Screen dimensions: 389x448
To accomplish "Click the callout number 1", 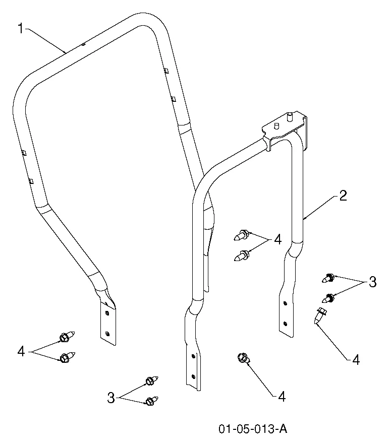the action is (20, 29).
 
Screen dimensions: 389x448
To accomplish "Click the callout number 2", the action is (343, 196).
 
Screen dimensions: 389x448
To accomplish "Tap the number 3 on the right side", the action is (372, 282).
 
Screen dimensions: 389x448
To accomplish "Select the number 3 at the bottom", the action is (111, 398).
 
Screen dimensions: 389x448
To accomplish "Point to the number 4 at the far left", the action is (21, 351).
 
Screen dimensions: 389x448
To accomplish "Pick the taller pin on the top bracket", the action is (290, 116).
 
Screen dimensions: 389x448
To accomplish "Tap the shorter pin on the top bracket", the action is (276, 125).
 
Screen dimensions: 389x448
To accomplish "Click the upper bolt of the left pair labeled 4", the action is (67, 337).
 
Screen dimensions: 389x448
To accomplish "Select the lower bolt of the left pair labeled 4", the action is (67, 357).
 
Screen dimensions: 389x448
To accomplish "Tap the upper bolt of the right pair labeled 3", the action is (328, 278).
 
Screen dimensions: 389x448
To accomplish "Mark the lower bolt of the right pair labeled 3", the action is (328, 298).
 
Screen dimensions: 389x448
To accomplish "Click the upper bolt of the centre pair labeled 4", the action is (241, 235).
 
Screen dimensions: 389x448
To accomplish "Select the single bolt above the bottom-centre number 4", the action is (243, 358).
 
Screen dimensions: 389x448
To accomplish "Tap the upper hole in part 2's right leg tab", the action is (285, 303).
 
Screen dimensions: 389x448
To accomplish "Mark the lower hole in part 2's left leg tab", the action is (193, 376).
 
